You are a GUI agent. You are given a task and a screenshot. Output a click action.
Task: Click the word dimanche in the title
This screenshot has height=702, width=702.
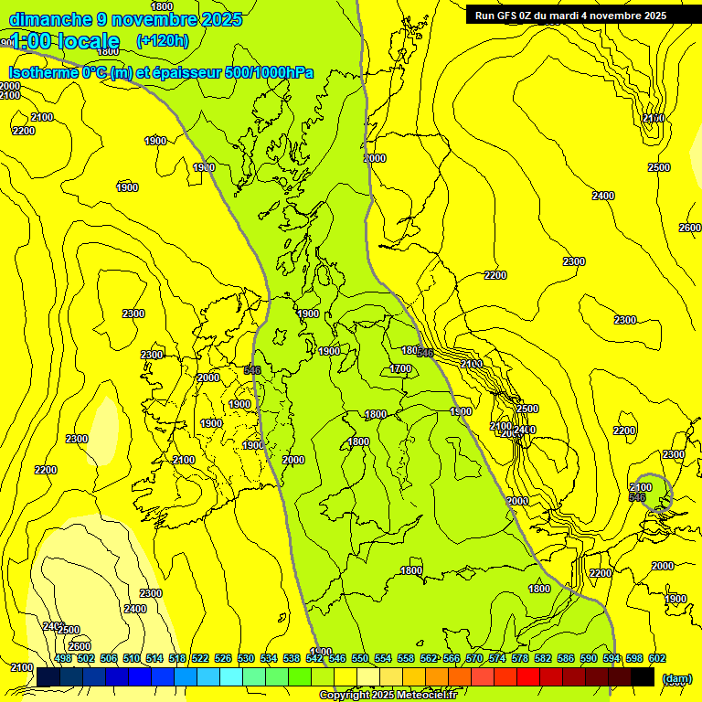49,19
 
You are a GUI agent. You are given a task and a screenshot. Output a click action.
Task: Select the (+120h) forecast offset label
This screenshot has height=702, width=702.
162,40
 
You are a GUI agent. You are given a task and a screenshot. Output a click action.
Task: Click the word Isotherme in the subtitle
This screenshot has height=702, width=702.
42,72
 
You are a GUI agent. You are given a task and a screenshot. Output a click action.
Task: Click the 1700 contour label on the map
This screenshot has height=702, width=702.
400,368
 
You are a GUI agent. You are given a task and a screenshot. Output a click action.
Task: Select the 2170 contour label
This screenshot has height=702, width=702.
653,118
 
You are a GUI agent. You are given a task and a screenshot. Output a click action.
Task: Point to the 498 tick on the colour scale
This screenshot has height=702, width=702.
63,658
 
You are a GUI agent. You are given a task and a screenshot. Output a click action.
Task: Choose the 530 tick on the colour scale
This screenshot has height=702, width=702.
246,658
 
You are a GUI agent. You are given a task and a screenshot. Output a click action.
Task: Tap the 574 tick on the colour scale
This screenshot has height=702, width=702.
497,658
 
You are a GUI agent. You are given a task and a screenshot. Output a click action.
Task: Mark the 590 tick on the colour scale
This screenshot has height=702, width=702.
589,658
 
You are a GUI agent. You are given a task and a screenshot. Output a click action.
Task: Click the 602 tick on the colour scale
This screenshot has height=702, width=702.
656,658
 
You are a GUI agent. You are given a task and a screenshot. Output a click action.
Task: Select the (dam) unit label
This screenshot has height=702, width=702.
676,678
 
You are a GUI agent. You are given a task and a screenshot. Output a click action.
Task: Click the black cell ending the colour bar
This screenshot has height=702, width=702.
643,676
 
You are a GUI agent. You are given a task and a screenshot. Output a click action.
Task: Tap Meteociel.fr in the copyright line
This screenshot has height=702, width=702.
421,696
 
